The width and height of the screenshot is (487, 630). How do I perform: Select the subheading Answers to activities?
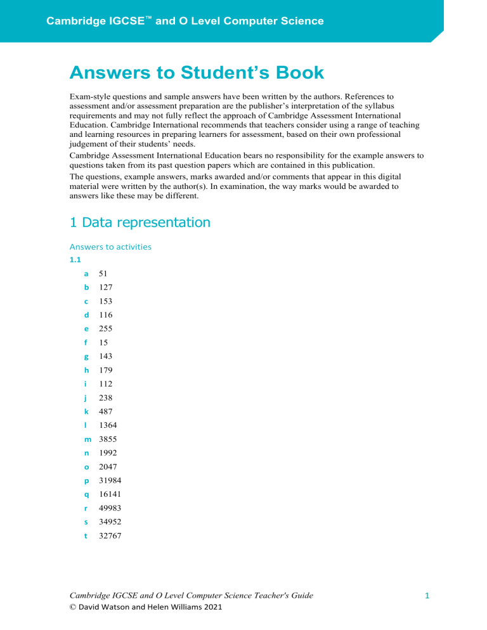(x=110, y=247)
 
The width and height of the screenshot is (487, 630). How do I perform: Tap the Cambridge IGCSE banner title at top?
(x=185, y=21)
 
